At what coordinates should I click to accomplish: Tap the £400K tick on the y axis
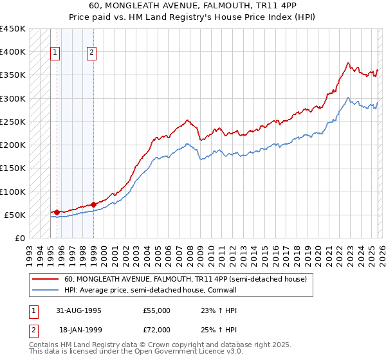pos(13,52)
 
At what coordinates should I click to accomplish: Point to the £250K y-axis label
pos(13,122)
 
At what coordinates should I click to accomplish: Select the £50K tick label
pos(15,215)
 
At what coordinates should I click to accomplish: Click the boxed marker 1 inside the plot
pos(56,53)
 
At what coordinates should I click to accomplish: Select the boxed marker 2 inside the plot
pos(92,53)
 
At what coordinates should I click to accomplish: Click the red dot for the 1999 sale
pos(93,204)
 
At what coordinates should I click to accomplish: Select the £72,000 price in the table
pos(156,329)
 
